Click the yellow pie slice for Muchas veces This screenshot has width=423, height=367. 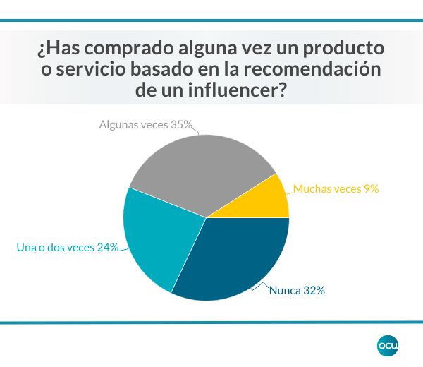click(x=264, y=200)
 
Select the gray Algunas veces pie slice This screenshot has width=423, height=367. click(x=201, y=169)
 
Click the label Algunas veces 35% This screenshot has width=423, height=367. click(x=145, y=125)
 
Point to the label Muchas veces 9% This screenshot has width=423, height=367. click(x=336, y=188)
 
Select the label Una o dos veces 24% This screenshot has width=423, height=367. click(x=66, y=247)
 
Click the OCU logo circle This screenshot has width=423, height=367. click(x=388, y=344)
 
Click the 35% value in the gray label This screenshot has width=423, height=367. click(x=181, y=125)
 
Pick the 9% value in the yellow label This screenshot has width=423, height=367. click(x=372, y=188)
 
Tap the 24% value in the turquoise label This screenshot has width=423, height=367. click(x=108, y=247)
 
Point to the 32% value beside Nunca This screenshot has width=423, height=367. click(x=313, y=290)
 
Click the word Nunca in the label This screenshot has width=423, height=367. click(x=285, y=290)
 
